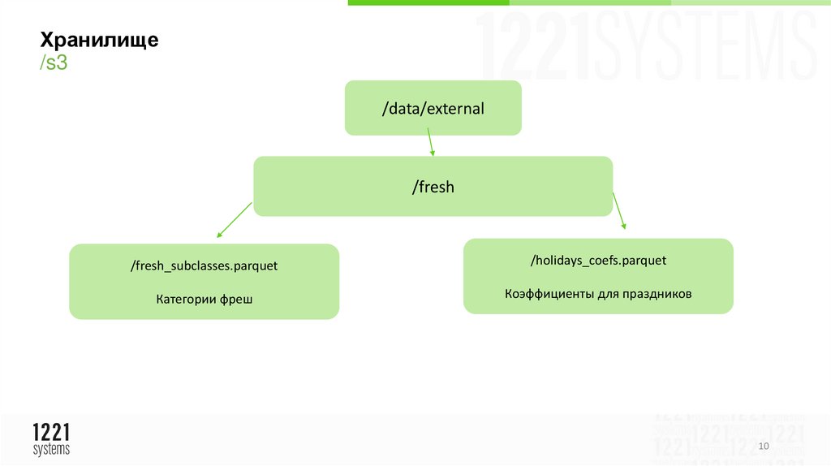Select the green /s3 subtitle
[x=54, y=63]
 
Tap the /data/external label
[x=433, y=107]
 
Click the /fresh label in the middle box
[x=433, y=187]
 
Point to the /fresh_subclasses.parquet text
[x=204, y=265]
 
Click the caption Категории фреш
[x=204, y=300]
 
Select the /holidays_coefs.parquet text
[x=598, y=260]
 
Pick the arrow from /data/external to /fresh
[x=431, y=145]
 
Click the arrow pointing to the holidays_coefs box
[x=619, y=211]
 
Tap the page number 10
[x=763, y=447]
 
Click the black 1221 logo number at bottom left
[x=51, y=433]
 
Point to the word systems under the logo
[x=51, y=449]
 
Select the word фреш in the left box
[x=235, y=300]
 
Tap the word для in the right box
[x=607, y=294]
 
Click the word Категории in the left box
[x=186, y=300]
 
